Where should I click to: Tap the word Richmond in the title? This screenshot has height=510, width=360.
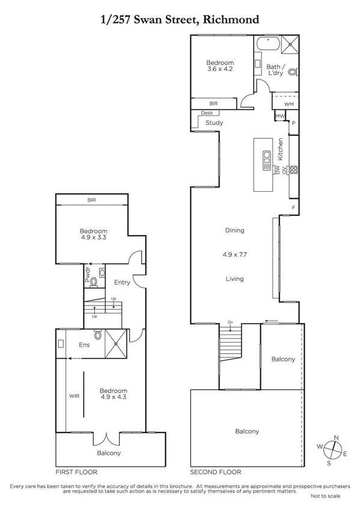(x=233, y=19)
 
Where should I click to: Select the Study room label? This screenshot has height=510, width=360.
(x=215, y=123)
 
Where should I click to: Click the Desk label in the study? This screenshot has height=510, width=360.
(x=207, y=112)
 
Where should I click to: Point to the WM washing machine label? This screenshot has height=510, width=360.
(x=288, y=104)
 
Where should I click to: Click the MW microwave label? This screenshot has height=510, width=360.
(x=280, y=115)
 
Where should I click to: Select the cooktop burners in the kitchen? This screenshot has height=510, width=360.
(x=294, y=170)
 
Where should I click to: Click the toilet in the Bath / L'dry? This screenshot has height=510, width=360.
(x=293, y=73)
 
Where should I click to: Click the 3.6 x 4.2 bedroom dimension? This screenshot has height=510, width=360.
(x=219, y=70)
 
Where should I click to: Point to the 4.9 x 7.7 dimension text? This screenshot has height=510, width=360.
(x=234, y=254)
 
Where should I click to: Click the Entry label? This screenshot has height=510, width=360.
(x=122, y=282)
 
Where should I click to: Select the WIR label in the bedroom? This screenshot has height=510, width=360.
(x=75, y=396)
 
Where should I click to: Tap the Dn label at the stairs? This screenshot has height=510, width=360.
(x=230, y=322)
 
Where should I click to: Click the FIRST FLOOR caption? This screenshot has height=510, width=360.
(x=76, y=472)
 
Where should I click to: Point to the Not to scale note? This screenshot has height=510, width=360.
(x=325, y=496)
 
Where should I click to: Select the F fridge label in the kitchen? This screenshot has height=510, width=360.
(x=293, y=207)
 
